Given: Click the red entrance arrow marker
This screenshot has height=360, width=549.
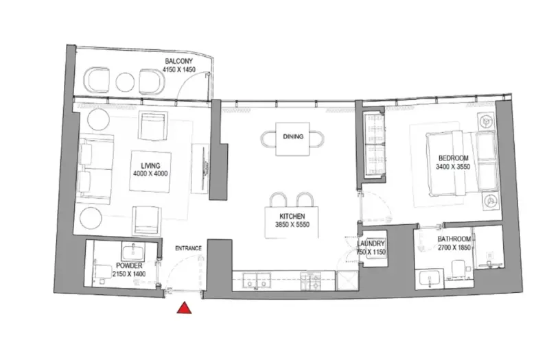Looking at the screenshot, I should pos(184,309).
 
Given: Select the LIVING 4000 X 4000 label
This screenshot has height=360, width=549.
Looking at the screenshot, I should pos(150,169).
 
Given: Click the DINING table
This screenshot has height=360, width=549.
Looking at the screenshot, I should pos(293,137).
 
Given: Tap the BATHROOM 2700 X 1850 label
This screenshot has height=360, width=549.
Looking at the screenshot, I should pos(454,243).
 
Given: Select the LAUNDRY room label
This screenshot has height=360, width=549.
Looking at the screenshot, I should pos(371,248).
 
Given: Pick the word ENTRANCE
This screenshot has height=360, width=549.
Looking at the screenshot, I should pos(187,247).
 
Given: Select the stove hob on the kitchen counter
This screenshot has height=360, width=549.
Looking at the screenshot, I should pos(312,280).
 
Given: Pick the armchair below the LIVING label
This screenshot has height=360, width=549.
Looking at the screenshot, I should pos(148,219).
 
